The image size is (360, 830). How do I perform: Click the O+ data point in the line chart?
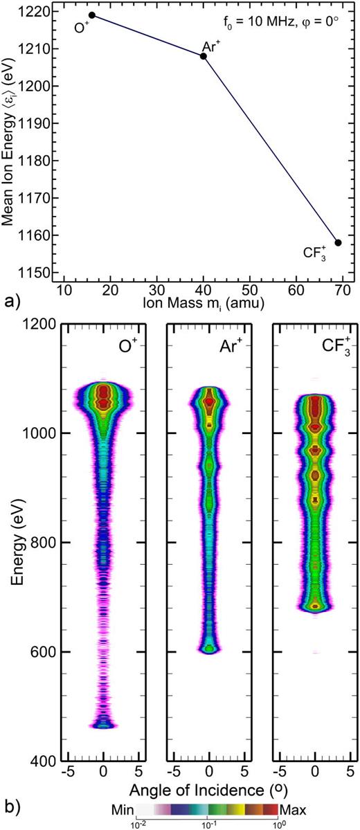pos(92,15)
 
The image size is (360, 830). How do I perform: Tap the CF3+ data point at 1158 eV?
pos(338,242)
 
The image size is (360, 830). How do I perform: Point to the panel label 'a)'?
pos(10,302)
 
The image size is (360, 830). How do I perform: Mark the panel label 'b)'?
pos(10,809)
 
